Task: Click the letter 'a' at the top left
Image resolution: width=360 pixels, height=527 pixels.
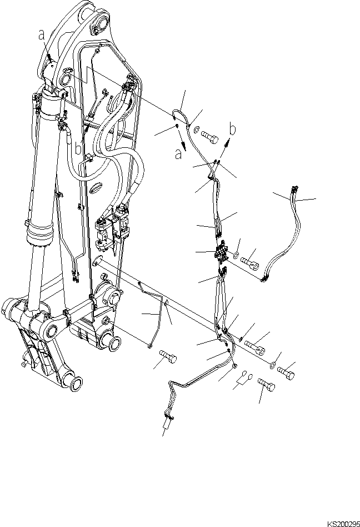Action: (41, 35)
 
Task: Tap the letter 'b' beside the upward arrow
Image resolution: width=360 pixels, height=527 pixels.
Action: (233, 130)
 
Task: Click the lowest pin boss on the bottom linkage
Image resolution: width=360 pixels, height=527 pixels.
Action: (73, 384)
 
